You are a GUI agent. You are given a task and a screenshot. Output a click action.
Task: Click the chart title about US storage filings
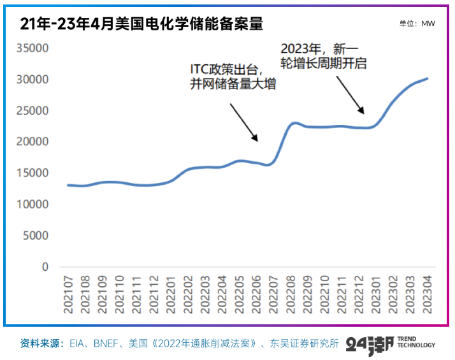[141, 24]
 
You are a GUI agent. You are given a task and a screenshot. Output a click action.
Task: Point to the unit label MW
[417, 24]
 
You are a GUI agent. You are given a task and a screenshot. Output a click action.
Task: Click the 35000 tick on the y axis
[32, 48]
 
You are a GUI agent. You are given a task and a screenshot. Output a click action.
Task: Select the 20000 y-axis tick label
[32, 142]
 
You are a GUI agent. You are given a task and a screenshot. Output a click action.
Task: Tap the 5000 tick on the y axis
[36, 236]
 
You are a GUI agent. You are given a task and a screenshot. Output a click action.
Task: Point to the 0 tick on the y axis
[45, 267]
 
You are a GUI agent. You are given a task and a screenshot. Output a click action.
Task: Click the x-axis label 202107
[69, 294]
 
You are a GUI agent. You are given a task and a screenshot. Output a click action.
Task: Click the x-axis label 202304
[428, 294]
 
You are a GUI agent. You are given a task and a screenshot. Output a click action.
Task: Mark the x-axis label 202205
[240, 294]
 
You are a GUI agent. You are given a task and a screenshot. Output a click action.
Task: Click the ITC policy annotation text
[233, 76]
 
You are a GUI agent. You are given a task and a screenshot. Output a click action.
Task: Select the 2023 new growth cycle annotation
[325, 55]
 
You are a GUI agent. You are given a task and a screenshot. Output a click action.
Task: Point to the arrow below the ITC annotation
[243, 122]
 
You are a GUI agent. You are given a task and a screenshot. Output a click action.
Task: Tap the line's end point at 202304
[427, 79]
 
